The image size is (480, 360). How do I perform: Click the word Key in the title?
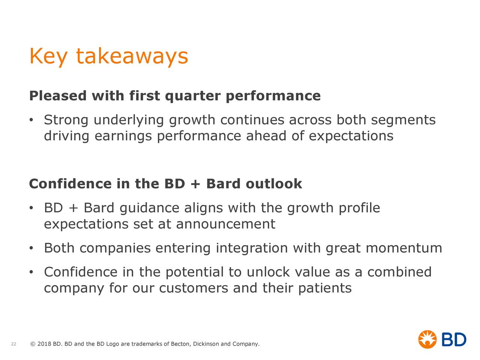[x=48, y=57]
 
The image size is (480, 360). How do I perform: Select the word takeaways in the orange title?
[x=132, y=57]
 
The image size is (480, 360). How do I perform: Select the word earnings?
[x=123, y=136]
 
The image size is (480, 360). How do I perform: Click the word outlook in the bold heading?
[x=274, y=184]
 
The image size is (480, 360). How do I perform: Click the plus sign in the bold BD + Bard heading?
[x=196, y=184]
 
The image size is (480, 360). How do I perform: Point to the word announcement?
[x=225, y=224]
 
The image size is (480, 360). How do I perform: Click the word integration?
[x=252, y=249]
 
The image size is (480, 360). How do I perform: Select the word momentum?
[x=403, y=248]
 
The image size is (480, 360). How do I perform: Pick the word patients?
[x=325, y=288]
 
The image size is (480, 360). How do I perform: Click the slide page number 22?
[x=13, y=344]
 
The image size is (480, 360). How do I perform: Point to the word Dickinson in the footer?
[x=206, y=344]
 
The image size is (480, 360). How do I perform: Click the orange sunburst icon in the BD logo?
[x=427, y=339]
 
